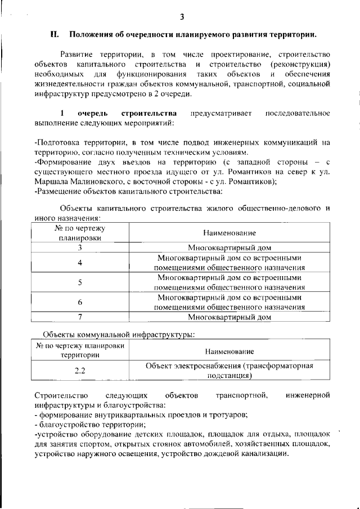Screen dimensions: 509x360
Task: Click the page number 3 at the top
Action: (x=182, y=16)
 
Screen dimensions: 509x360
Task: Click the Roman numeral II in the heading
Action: (x=55, y=34)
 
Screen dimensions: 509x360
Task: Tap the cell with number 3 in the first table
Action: (x=80, y=247)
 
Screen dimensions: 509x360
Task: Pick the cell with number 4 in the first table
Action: (x=80, y=263)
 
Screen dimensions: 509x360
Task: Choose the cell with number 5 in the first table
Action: (x=80, y=282)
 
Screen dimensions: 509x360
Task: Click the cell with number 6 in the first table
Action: (x=80, y=302)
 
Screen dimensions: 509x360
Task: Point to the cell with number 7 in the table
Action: (x=80, y=317)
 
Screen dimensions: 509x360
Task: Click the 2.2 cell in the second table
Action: (x=80, y=371)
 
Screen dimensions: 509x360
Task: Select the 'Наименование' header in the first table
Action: (x=229, y=232)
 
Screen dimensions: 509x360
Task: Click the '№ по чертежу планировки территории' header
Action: (x=80, y=350)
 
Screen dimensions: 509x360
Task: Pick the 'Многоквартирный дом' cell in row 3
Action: (x=229, y=247)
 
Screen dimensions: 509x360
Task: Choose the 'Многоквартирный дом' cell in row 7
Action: (x=229, y=317)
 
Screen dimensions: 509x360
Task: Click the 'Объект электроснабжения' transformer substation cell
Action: (x=229, y=371)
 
